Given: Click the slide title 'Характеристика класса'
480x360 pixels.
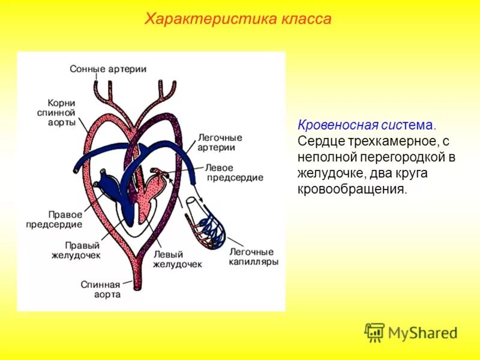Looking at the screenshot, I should (x=238, y=19).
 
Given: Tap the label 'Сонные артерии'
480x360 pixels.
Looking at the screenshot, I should (x=108, y=69).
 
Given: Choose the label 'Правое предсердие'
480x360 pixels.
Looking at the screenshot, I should (x=53, y=219).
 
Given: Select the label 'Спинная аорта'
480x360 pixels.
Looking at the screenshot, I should (x=101, y=289).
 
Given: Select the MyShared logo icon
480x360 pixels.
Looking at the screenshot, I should (x=374, y=332).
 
